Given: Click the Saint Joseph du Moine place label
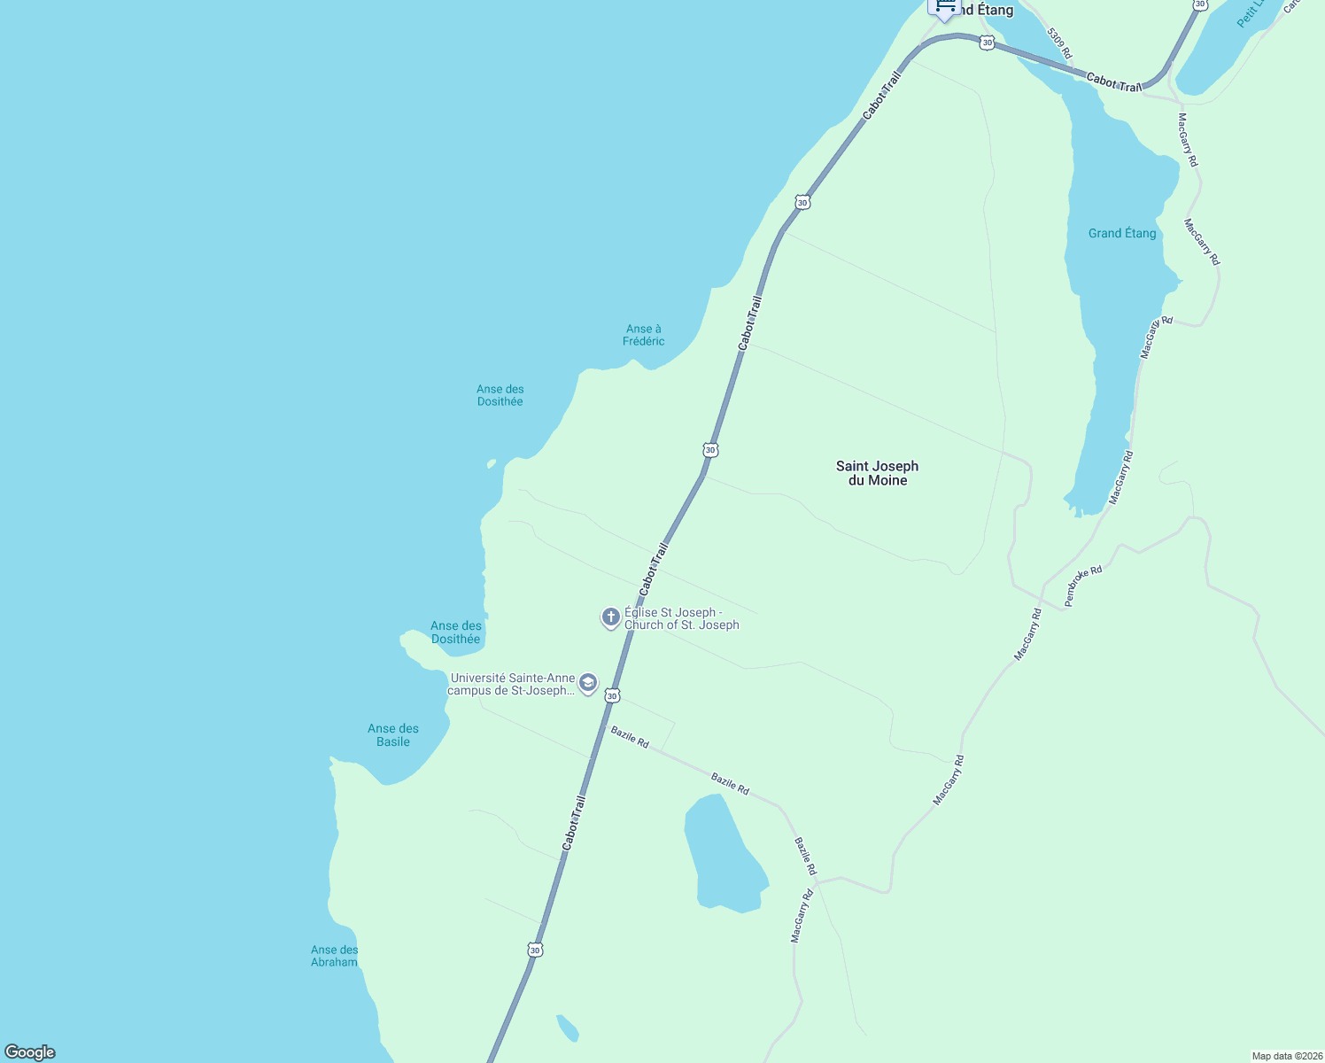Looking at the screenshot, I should [877, 473].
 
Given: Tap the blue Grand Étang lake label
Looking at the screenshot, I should [1122, 233].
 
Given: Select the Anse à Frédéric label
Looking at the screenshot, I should [643, 335].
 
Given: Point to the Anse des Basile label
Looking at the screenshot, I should [393, 735].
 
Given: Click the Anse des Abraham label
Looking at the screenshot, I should [334, 956].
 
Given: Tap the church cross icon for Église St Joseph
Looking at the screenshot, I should [610, 617].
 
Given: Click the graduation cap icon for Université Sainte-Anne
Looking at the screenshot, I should [587, 683].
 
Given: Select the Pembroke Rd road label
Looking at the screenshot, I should [1083, 586].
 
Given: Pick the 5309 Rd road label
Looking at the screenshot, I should [1059, 43].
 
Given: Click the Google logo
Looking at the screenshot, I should [30, 1052].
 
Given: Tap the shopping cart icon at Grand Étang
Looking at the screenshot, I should [944, 8].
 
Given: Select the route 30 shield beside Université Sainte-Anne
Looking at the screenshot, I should [612, 696].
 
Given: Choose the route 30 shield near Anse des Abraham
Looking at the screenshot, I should [535, 950].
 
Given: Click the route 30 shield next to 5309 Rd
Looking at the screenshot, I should [987, 43].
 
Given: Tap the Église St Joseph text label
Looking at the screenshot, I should [681, 618].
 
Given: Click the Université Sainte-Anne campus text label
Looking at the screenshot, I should [512, 684].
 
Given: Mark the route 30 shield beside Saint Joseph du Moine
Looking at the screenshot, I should [710, 450].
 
